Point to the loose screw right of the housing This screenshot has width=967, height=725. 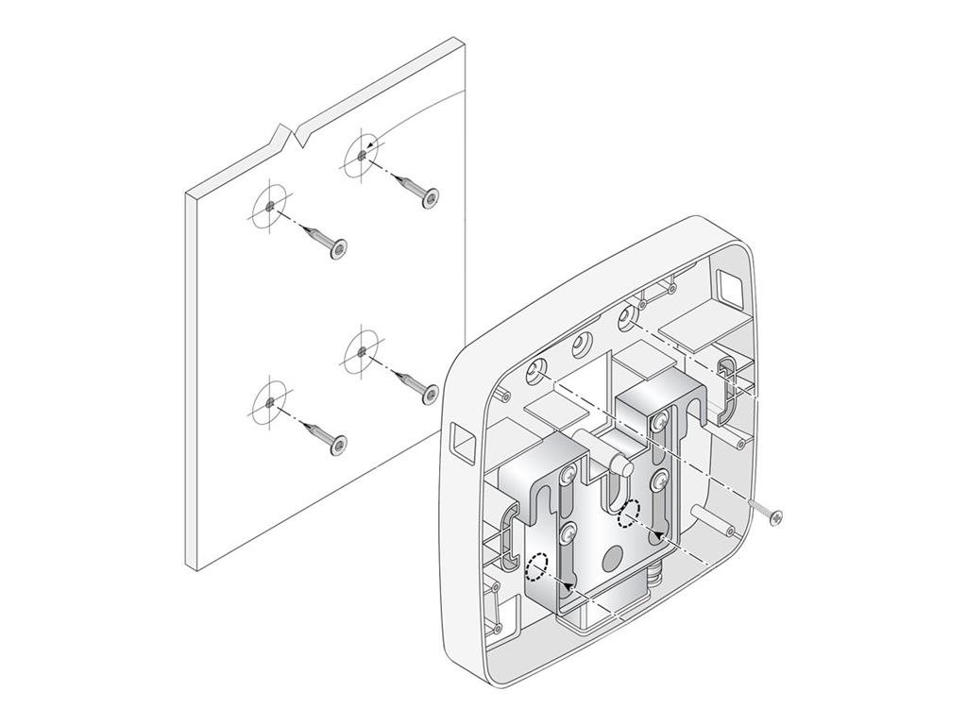coord(767,513)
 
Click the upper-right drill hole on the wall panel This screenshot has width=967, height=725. coord(363,152)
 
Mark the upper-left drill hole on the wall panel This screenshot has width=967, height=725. coord(269,205)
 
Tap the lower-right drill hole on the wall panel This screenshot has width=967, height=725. coord(363,351)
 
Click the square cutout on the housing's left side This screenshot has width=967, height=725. coord(463,441)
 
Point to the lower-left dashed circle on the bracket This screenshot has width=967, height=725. coord(536,566)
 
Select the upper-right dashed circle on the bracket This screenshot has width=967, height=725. coord(627,513)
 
